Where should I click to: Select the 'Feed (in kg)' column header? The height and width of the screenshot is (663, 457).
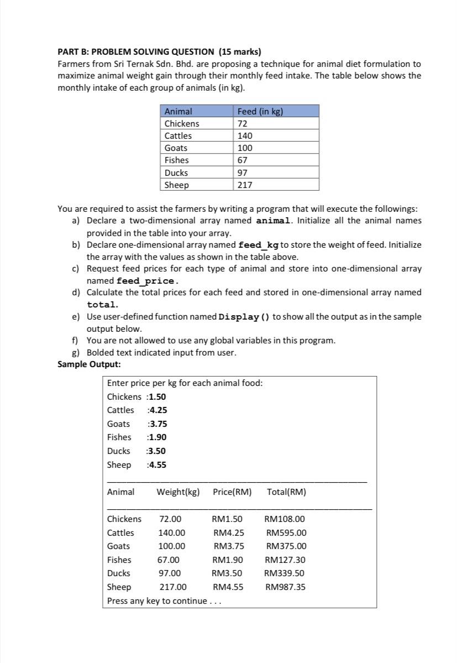pyautogui.click(x=260, y=111)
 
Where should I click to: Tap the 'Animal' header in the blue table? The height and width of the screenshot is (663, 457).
pyautogui.click(x=178, y=111)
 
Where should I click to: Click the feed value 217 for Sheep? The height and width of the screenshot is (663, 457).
pyautogui.click(x=245, y=185)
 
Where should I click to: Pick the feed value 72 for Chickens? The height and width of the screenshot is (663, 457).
pyautogui.click(x=242, y=123)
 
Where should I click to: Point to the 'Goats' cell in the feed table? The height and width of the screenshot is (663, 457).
pyautogui.click(x=176, y=148)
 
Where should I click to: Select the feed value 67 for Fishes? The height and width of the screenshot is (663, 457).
pyautogui.click(x=242, y=160)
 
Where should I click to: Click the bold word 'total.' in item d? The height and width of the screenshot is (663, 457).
pyautogui.click(x=102, y=305)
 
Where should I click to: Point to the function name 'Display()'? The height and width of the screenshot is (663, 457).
pyautogui.click(x=244, y=317)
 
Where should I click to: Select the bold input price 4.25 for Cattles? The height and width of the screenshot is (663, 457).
pyautogui.click(x=158, y=410)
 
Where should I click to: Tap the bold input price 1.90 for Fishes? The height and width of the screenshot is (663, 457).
pyautogui.click(x=157, y=437)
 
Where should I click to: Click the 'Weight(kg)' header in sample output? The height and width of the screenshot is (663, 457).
pyautogui.click(x=178, y=492)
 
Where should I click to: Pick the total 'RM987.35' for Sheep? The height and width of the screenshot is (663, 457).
pyautogui.click(x=285, y=587)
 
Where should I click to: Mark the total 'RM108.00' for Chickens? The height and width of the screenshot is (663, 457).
pyautogui.click(x=285, y=519)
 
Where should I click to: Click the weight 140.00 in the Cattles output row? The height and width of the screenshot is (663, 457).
pyautogui.click(x=171, y=533)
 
